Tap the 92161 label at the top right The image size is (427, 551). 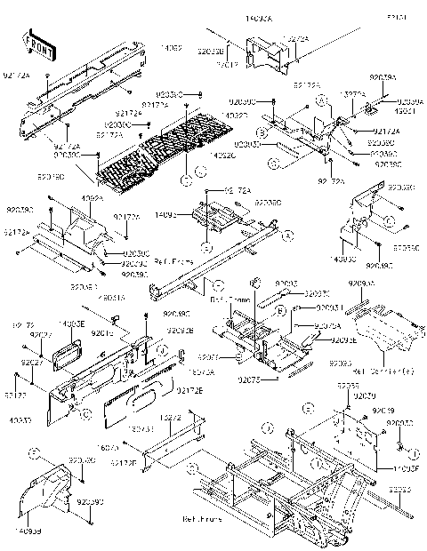click(397, 18)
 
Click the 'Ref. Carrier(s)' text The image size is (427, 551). click(375, 371)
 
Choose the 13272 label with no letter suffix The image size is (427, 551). click(171, 417)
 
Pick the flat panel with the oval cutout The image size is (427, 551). click(142, 396)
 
